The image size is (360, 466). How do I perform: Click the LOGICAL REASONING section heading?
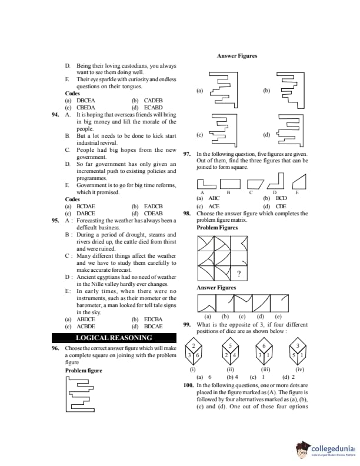(114, 338)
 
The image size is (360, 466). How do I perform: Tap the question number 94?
(56, 115)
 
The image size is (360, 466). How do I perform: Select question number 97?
(188, 154)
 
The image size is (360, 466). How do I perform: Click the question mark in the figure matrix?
(238, 274)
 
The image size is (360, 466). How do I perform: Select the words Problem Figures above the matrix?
(217, 228)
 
